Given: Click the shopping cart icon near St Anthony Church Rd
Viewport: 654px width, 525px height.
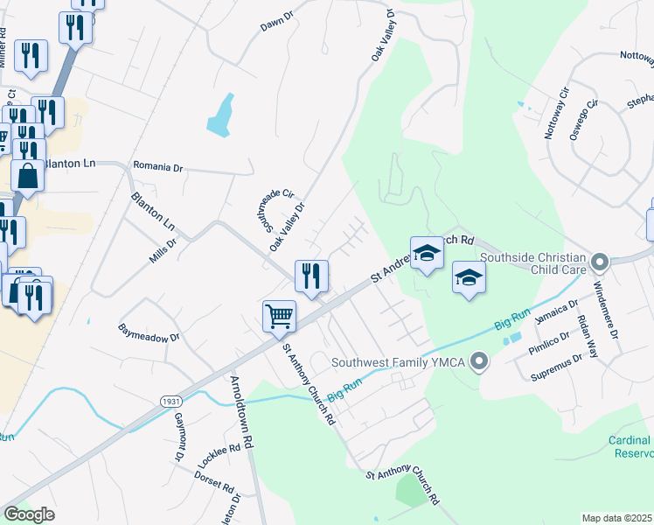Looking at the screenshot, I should point(279,315).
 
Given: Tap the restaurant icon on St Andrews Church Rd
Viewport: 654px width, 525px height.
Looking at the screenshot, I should point(311,276).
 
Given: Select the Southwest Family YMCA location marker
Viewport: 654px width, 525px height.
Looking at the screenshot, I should point(478,360).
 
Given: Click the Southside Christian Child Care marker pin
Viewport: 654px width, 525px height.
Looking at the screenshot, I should point(600,262).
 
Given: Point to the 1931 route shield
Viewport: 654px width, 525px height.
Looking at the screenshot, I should point(171,401).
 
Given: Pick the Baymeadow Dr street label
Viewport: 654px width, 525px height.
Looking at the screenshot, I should point(149,333).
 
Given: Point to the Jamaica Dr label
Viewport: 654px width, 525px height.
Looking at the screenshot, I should point(557,312).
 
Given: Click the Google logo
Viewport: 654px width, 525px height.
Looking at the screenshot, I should point(29,514).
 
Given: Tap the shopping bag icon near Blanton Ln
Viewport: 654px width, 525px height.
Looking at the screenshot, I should point(28,174).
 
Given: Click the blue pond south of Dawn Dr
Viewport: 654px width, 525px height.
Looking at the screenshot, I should point(221,115).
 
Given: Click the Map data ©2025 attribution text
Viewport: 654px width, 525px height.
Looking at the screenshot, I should point(617,518).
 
